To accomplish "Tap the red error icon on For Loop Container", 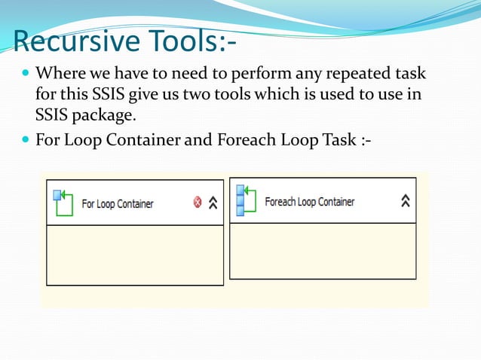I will [x=198, y=202].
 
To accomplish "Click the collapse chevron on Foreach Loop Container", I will [x=406, y=200].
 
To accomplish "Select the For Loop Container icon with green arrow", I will [x=63, y=202].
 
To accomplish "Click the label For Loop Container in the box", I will [x=117, y=203].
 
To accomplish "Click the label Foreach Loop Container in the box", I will [x=309, y=202].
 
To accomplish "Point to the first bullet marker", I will [x=26, y=75].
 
